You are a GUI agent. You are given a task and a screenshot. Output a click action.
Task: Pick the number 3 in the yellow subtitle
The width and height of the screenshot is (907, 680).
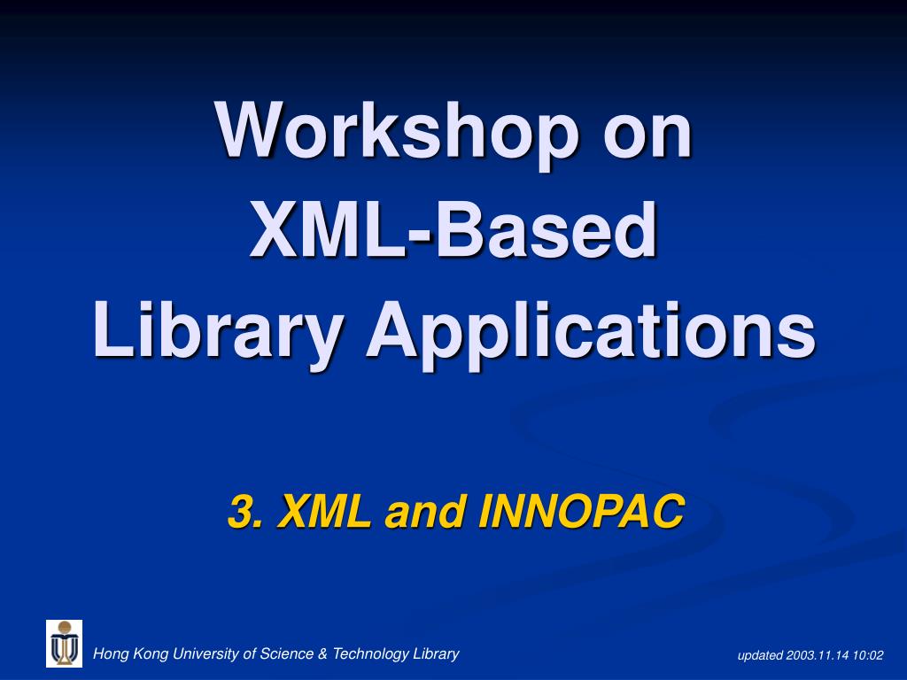(241, 512)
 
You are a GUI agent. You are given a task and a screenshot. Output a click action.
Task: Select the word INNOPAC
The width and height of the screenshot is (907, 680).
(581, 512)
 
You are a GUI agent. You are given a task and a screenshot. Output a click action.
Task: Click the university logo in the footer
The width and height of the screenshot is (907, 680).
(64, 644)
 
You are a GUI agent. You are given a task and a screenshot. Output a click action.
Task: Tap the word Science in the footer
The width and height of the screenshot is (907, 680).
(287, 654)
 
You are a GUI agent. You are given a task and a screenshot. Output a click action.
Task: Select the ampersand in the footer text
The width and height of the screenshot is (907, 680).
(323, 654)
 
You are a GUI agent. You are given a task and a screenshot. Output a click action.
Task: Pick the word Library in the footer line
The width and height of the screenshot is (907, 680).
(437, 654)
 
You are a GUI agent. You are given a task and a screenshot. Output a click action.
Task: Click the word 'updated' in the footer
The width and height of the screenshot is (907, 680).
(760, 656)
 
